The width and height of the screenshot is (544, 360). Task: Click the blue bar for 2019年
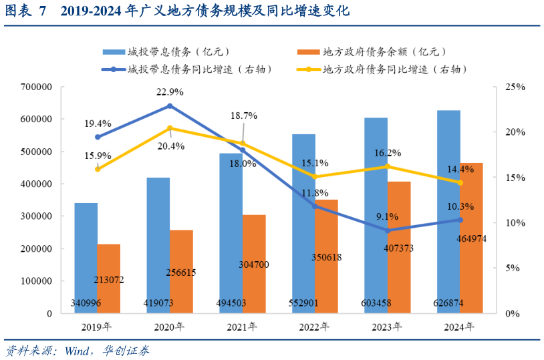pos(86,257)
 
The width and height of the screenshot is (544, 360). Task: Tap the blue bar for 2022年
pos(303,223)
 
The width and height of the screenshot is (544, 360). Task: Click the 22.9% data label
pos(170,92)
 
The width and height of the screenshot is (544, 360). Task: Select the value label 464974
pos(472,238)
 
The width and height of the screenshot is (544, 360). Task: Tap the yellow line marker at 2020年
pos(170,128)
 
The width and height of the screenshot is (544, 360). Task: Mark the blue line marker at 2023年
pos(388,230)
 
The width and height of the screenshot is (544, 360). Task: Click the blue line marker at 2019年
pos(98,137)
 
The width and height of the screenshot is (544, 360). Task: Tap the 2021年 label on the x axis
pos(243,327)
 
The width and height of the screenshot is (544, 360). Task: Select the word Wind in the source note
pos(80,350)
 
